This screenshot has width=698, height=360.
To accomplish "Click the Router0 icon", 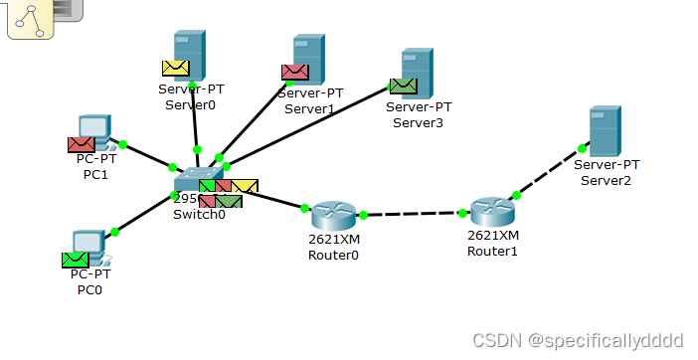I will coord(332,215).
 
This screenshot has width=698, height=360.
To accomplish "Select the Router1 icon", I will coord(492,211).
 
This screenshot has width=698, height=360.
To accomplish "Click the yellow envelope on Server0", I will coord(176,69).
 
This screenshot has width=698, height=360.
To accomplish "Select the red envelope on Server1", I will coord(294,72).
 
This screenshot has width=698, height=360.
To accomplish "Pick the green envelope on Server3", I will coord(403,87).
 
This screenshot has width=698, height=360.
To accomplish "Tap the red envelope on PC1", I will coord(81,145).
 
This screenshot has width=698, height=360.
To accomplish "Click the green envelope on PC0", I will coord(75,260).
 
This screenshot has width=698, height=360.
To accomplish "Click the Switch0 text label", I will coord(199,215).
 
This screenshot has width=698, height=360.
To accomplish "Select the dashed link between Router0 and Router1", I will coord(413,214).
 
